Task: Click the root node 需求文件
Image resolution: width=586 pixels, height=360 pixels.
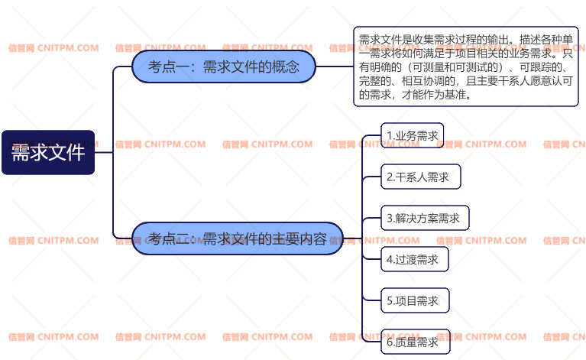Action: [48, 152]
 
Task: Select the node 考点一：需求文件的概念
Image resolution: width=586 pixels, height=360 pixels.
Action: [224, 66]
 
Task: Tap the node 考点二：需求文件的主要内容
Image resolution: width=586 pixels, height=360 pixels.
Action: [238, 238]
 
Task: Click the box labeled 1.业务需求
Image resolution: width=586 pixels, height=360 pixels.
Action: [413, 135]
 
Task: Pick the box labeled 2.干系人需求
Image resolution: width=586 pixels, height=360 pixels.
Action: [420, 177]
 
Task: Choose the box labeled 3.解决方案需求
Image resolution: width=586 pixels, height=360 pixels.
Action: [425, 218]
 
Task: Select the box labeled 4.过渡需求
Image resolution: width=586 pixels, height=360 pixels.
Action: [414, 259]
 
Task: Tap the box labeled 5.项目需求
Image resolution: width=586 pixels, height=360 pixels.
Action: [415, 300]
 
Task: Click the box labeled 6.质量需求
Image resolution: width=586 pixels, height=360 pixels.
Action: [415, 342]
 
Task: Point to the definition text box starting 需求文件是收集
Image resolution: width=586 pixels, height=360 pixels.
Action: [465, 66]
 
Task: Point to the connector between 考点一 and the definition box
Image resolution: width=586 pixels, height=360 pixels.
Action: [335, 66]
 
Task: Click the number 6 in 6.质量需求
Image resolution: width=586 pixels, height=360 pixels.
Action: [390, 342]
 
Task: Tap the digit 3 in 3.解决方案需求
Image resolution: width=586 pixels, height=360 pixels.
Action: [390, 219]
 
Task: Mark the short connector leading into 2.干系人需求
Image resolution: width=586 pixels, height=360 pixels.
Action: [371, 177]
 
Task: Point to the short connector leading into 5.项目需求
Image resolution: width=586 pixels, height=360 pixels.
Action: [371, 300]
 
